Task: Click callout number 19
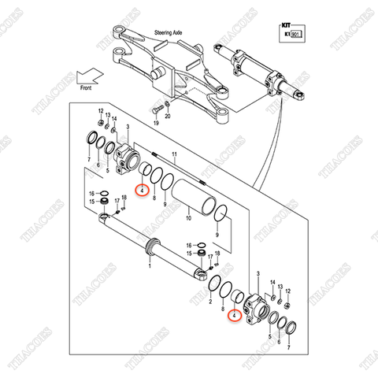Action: pyautogui.click(x=156, y=124)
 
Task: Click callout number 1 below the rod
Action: pyautogui.click(x=150, y=266)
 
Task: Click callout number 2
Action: pyautogui.click(x=212, y=301)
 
